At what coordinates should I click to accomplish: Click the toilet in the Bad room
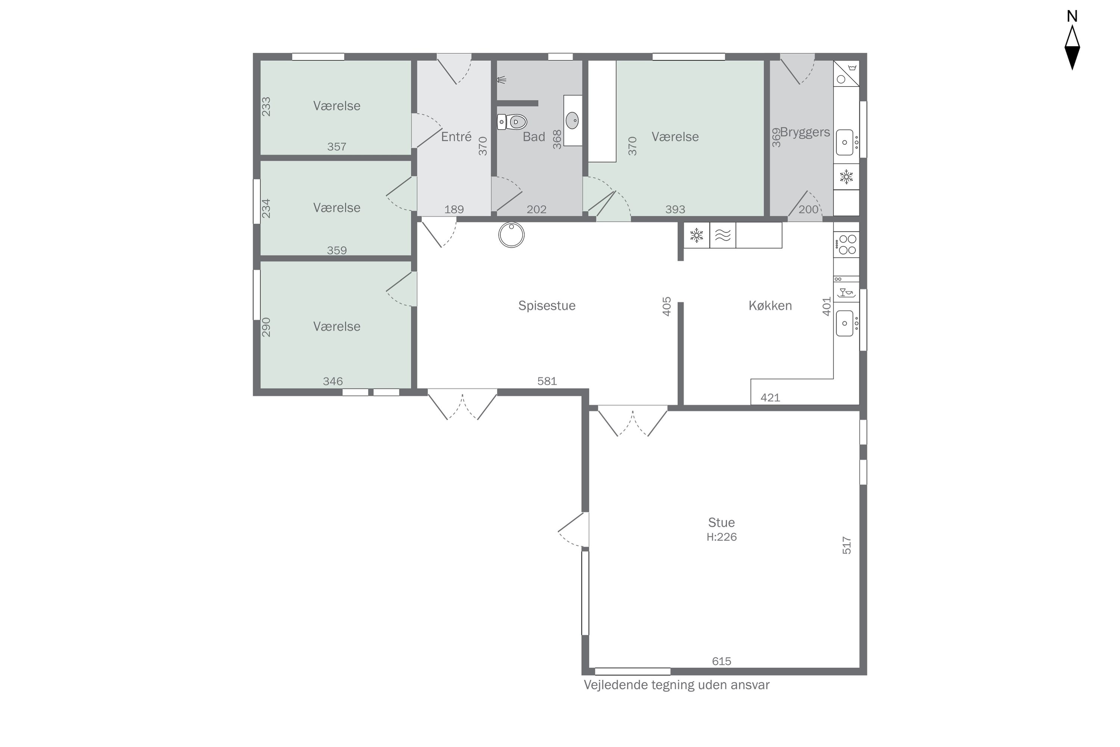tap(512, 122)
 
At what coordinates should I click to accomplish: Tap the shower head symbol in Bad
tap(501, 80)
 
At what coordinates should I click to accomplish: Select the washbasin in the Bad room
tap(572, 121)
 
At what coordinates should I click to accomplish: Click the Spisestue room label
tap(547, 306)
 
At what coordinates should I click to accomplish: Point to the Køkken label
tap(770, 306)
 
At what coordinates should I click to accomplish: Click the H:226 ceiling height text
tap(721, 537)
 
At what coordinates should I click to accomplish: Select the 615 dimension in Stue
tap(721, 661)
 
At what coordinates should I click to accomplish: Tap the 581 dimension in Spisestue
tap(547, 381)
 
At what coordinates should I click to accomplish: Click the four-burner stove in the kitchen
tap(847, 244)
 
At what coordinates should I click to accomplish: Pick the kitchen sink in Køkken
tap(846, 323)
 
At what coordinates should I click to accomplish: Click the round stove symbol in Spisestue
tap(511, 235)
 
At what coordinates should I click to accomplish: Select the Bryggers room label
tap(805, 132)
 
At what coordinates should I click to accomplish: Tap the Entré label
tap(456, 137)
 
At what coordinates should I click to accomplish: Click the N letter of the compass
tap(1072, 16)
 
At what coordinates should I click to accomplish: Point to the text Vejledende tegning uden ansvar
tap(676, 685)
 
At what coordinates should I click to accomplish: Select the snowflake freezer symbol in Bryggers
tap(846, 177)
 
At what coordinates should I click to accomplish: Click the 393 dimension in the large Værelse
tap(675, 209)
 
